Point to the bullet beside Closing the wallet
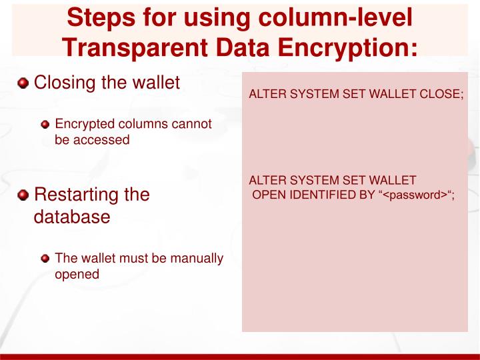click(x=23, y=84)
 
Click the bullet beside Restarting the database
click(x=23, y=195)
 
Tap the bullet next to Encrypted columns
click(x=45, y=124)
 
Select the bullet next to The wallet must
click(x=45, y=259)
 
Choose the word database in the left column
click(x=71, y=217)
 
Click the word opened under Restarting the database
click(x=77, y=274)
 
